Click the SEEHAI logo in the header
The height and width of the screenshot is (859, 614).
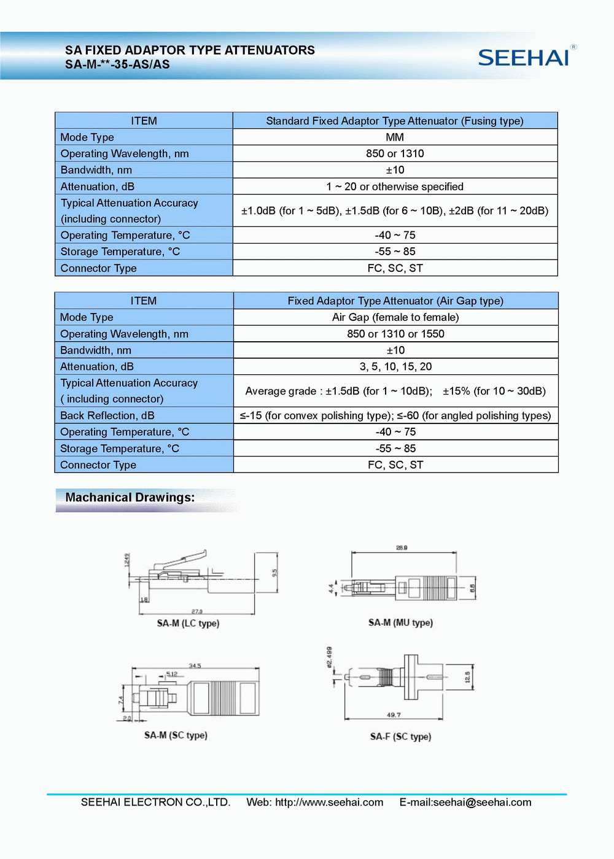(524, 57)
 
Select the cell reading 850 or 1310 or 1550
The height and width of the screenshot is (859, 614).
(395, 334)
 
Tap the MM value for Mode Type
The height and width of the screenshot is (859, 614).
(395, 137)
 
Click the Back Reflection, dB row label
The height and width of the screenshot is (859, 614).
(107, 415)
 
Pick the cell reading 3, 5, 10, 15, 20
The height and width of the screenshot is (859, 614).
(395, 366)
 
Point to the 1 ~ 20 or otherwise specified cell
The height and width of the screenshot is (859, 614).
(395, 187)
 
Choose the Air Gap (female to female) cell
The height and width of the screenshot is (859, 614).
(395, 317)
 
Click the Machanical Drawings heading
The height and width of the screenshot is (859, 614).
(130, 498)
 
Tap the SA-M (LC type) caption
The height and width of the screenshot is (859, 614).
(188, 623)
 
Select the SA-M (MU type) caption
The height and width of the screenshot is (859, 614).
(400, 623)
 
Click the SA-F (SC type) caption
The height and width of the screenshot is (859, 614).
(400, 736)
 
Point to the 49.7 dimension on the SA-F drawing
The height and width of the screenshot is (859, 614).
(394, 715)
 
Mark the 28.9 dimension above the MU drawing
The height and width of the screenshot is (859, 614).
(402, 547)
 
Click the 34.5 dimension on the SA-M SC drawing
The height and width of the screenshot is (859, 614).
(195, 666)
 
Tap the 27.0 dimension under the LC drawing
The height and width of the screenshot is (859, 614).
(196, 611)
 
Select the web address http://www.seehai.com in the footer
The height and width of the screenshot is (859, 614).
(329, 803)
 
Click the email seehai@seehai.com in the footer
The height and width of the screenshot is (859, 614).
(482, 803)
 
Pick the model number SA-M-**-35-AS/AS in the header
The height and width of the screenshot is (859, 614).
(117, 64)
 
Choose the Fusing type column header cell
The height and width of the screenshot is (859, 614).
(395, 121)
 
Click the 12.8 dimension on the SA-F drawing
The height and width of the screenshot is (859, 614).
(467, 677)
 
